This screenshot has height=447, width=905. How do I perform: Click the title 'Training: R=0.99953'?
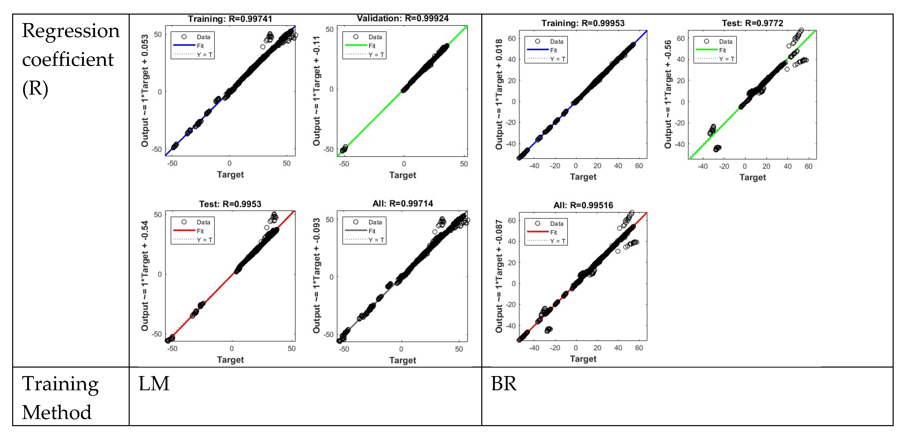point(583,23)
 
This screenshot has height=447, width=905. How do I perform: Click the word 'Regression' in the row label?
point(71,31)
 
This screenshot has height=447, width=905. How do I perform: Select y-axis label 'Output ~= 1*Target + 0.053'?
point(145,91)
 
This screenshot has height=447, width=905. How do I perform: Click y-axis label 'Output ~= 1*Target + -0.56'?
point(668,94)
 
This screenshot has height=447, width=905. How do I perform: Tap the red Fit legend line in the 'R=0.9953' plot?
point(184,231)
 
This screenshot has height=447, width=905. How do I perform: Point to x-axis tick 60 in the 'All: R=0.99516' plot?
point(639,348)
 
